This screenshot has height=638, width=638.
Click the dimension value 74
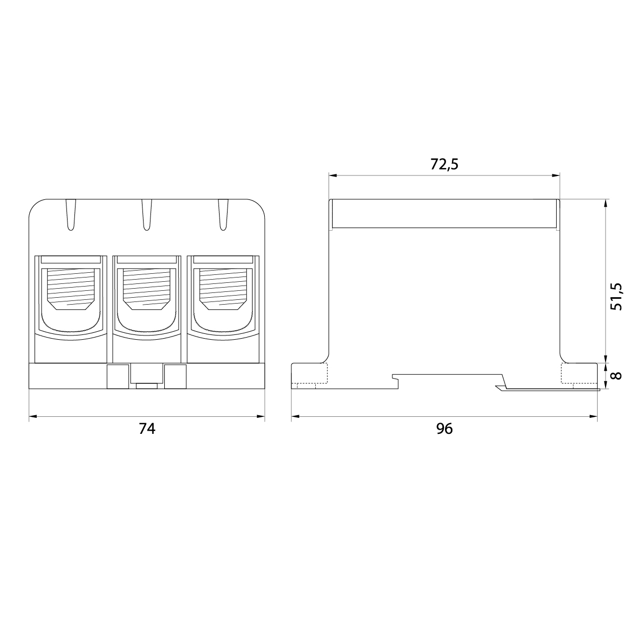[147, 429]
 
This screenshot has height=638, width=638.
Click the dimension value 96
[444, 429]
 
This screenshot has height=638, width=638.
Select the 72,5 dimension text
[444, 164]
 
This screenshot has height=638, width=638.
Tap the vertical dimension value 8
[616, 375]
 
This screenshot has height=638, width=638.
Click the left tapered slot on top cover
[71, 215]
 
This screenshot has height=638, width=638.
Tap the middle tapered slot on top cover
[147, 215]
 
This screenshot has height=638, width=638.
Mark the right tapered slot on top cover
[223, 215]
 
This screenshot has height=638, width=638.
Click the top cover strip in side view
[444, 214]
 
